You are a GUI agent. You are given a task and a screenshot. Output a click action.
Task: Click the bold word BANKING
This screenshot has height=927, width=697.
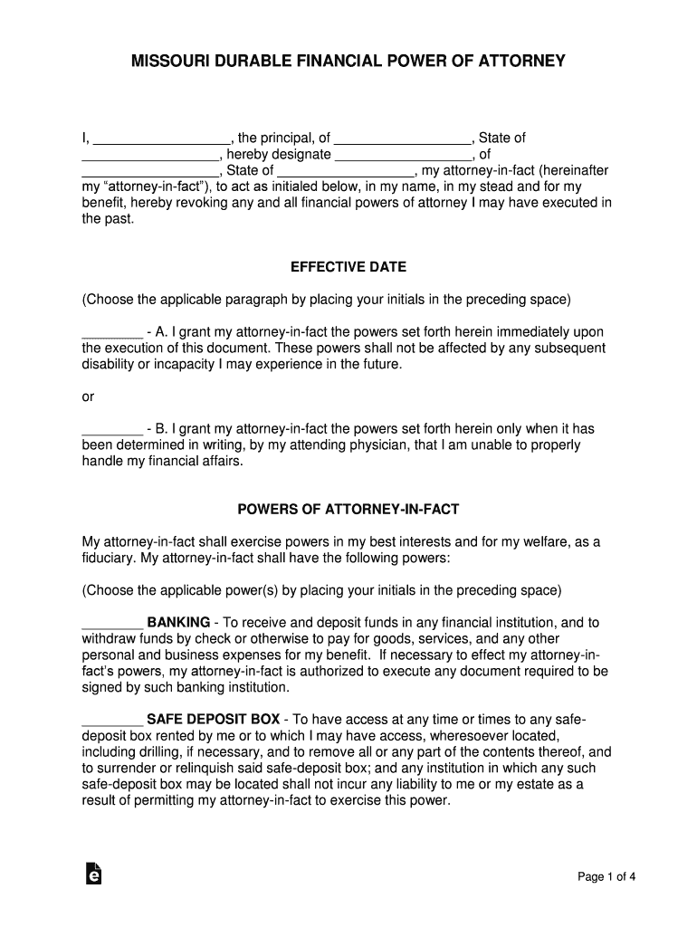coord(178,623)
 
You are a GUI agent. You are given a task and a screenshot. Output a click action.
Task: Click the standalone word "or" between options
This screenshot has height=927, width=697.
coord(88,397)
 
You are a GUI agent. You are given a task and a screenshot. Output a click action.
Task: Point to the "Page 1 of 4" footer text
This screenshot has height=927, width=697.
coord(607,875)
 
